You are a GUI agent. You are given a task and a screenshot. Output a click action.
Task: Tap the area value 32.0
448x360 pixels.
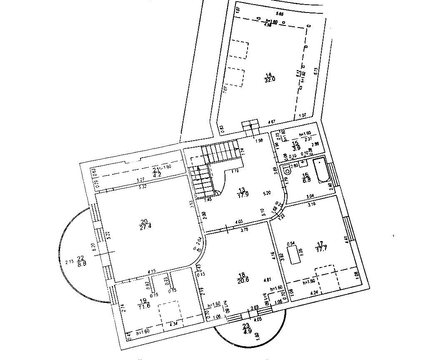270,79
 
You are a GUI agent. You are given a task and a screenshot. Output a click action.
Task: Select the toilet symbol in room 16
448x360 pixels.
287,170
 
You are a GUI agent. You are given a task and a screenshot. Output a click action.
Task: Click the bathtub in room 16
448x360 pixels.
322,170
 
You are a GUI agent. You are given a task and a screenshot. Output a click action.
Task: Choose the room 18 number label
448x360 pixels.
241,275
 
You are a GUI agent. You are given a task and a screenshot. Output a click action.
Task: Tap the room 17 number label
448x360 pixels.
320,243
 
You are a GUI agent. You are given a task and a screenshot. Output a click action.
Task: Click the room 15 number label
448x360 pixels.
295,143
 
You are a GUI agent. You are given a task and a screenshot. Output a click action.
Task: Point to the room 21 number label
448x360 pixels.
155,169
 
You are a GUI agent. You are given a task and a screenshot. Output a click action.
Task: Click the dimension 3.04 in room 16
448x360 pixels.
310,196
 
